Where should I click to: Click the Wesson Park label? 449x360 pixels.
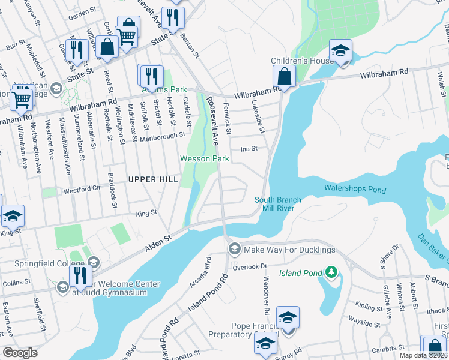[205, 158]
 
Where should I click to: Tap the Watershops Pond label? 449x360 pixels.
[355, 188]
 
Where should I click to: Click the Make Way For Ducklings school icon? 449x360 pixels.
[234, 249]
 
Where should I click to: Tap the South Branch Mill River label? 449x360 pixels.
[277, 204]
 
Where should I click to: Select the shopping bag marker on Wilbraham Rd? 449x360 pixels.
[284, 77]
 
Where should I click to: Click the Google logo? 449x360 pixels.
[20, 353]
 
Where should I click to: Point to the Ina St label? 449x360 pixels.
[249, 148]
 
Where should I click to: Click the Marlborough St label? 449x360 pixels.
[163, 136]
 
